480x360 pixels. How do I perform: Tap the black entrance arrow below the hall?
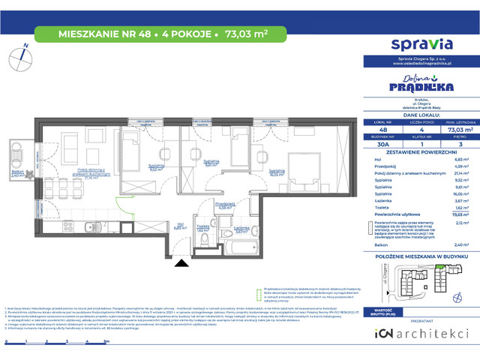pos(181,241)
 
